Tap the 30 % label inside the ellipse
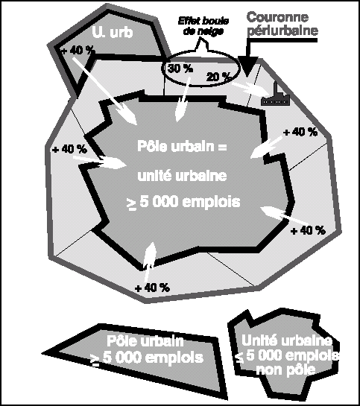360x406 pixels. pyautogui.click(x=180, y=69)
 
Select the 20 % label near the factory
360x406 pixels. pyautogui.click(x=219, y=77)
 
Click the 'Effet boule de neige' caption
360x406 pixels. pyautogui.click(x=203, y=26)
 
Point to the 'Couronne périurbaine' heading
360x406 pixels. pyautogui.click(x=282, y=24)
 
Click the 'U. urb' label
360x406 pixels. pyautogui.click(x=113, y=33)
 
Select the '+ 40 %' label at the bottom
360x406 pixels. pyautogui.click(x=152, y=288)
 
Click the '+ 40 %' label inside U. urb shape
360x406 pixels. pyautogui.click(x=78, y=50)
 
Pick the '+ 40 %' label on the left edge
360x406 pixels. pyautogui.click(x=69, y=150)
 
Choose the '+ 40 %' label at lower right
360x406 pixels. pyautogui.click(x=308, y=230)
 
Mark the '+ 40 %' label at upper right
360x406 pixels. pyautogui.click(x=300, y=133)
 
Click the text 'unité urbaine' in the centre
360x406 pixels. pyautogui.click(x=182, y=176)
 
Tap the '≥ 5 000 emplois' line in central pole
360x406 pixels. pyautogui.click(x=183, y=202)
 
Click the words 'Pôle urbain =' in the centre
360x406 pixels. pyautogui.click(x=182, y=146)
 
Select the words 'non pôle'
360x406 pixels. pyautogui.click(x=286, y=369)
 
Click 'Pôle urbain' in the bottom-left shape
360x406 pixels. pyautogui.click(x=145, y=341)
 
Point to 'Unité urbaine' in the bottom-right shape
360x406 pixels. pyautogui.click(x=286, y=340)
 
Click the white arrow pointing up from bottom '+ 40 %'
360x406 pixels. pyautogui.click(x=149, y=262)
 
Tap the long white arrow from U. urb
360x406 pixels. pyautogui.click(x=104, y=90)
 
